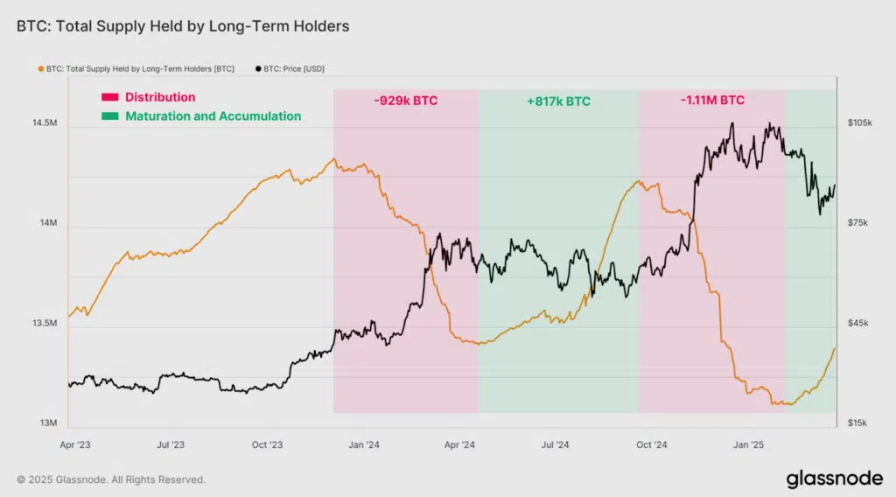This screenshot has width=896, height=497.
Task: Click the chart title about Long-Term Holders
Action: (x=183, y=26)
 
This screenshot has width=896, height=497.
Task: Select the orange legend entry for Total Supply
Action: (x=139, y=68)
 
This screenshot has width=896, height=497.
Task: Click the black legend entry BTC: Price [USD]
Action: (x=290, y=68)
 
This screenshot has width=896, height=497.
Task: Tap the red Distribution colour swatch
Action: (x=109, y=98)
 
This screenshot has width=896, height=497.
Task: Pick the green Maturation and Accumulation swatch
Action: (x=109, y=116)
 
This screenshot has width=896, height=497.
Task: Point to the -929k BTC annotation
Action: (x=405, y=101)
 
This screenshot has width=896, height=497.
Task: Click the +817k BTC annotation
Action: (x=558, y=101)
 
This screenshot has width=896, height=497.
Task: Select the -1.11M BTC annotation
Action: (x=712, y=101)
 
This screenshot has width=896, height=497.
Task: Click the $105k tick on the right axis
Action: (x=859, y=123)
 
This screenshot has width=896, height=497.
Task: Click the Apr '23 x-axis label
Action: (x=75, y=444)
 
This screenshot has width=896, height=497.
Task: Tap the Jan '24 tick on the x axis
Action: (x=364, y=444)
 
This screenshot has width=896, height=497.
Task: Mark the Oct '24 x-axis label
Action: (x=652, y=444)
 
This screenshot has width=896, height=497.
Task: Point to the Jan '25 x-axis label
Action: (x=748, y=444)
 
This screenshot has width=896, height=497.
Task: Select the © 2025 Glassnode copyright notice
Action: (x=111, y=479)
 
